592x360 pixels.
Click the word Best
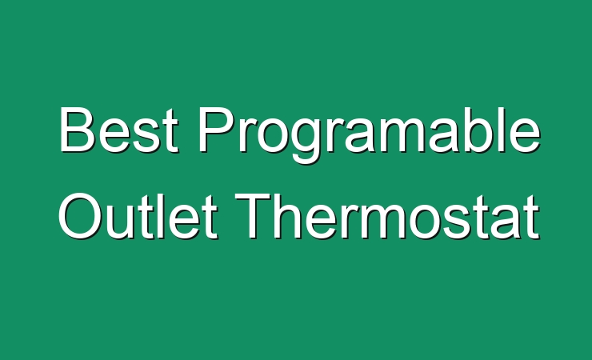tap(118, 130)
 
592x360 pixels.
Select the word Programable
tap(370, 134)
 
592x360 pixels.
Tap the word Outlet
tap(138, 215)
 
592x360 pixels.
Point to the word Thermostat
tap(387, 215)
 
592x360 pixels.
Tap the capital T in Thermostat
tap(254, 215)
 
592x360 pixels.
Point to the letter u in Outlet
tap(119, 222)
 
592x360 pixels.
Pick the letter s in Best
tap(148, 135)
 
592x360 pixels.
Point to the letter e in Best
tap(114, 135)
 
